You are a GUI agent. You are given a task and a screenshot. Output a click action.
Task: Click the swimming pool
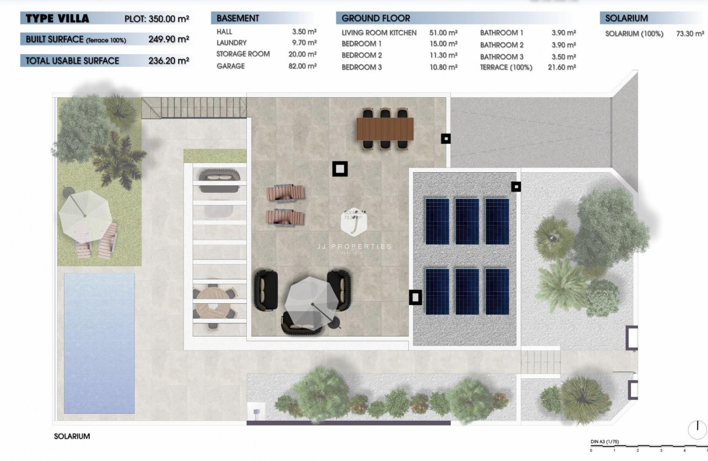(99, 343)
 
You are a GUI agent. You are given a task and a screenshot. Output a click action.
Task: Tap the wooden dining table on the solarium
(385, 129)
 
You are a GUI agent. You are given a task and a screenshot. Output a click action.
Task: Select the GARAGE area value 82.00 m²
(303, 66)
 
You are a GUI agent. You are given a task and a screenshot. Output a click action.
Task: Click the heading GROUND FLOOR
(375, 18)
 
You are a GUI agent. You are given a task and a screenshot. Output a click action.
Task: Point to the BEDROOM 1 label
(362, 44)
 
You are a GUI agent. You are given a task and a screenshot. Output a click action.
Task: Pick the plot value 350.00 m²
(168, 19)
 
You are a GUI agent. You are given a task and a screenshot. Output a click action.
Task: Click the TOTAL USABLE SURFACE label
(72, 61)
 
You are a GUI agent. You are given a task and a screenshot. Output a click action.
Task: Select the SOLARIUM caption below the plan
(72, 436)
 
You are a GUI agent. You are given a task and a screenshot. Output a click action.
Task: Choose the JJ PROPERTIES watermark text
(353, 246)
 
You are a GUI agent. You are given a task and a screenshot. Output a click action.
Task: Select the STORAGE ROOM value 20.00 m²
(303, 54)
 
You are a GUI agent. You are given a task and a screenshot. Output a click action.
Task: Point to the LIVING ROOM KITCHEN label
(379, 33)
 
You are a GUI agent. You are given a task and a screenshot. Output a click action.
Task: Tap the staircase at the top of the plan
(194, 107)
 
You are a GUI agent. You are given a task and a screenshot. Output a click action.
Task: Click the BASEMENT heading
(238, 18)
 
